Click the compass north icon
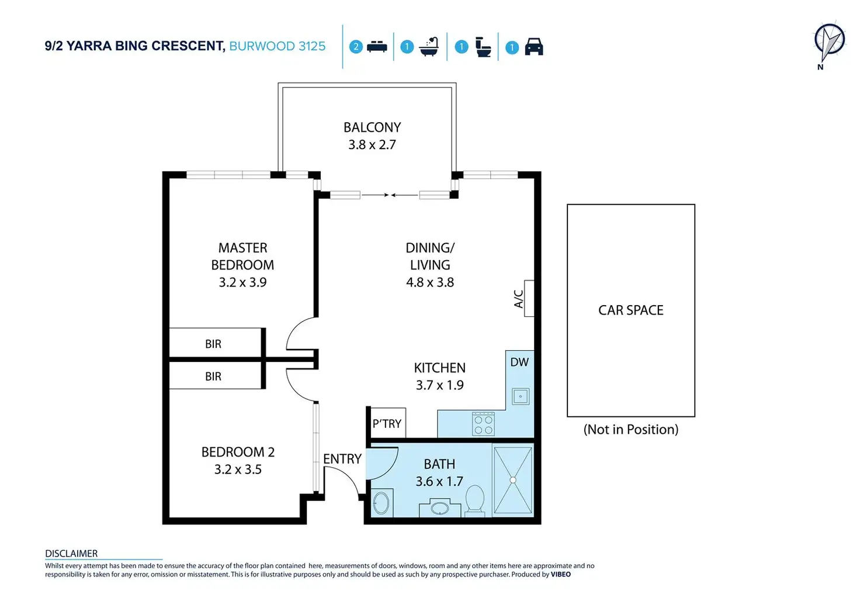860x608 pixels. tap(829, 42)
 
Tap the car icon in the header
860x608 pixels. tap(534, 47)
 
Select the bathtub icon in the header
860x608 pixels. tap(429, 47)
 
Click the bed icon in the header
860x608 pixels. tap(377, 47)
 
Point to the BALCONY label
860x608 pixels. tap(372, 127)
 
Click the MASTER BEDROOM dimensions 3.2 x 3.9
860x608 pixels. tap(242, 282)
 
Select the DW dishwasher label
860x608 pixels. tap(519, 362)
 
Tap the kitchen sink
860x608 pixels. tap(520, 396)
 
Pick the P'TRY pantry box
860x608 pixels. tap(387, 423)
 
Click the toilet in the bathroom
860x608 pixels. tap(475, 500)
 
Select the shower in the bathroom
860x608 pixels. tap(513, 480)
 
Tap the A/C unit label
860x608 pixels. tap(519, 299)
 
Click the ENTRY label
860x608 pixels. tap(342, 460)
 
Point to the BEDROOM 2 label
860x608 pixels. tap(238, 452)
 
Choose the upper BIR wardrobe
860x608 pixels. tap(214, 344)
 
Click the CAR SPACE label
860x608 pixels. tap(631, 310)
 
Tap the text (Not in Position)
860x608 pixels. tap(631, 430)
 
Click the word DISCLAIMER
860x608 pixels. tap(71, 554)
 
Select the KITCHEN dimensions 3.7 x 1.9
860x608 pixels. tap(440, 385)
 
